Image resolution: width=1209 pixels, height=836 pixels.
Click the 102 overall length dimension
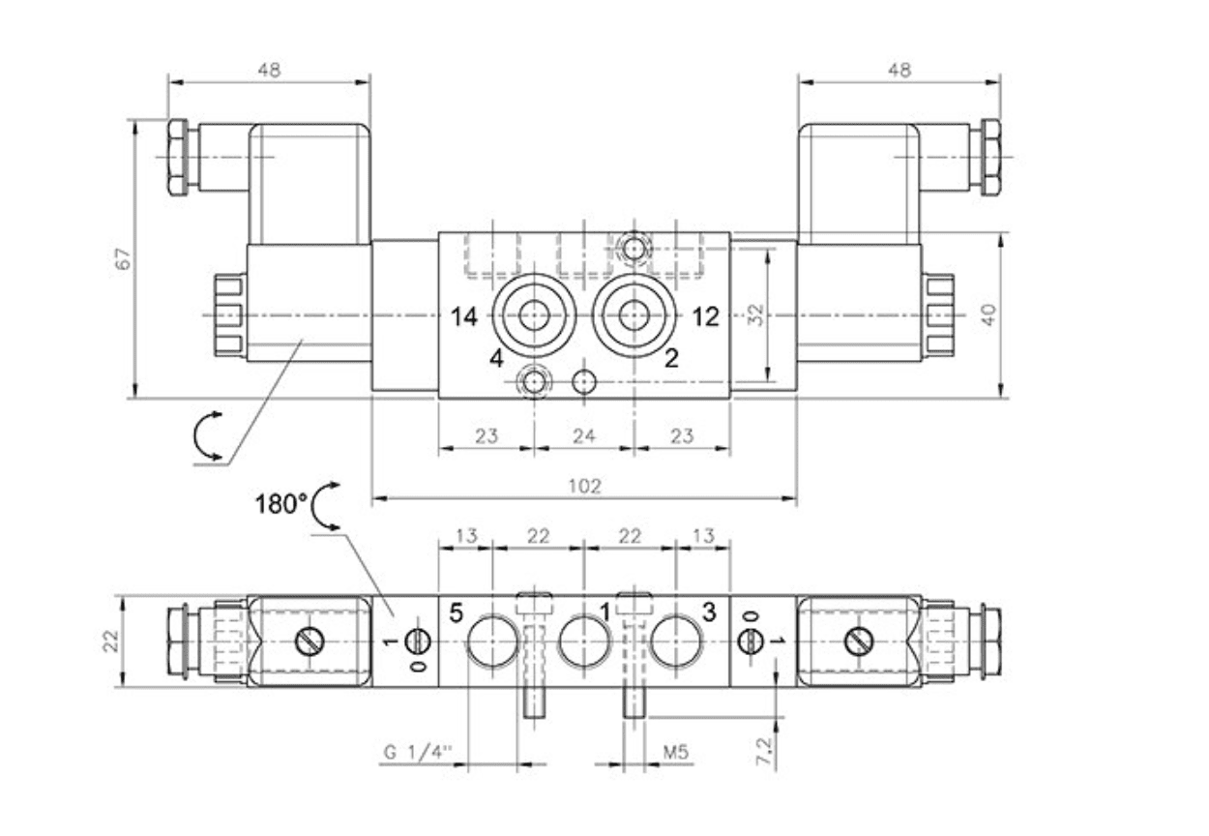(x=584, y=487)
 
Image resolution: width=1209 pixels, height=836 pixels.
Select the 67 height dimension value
(x=122, y=258)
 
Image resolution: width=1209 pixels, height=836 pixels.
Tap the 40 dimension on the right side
(x=988, y=314)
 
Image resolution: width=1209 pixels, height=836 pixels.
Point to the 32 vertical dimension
(x=756, y=314)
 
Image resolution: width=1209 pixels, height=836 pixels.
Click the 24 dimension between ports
(x=583, y=435)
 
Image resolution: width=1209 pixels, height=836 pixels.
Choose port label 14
(x=465, y=316)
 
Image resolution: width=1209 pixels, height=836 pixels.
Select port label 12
(x=707, y=316)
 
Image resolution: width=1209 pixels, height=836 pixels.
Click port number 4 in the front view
(x=496, y=359)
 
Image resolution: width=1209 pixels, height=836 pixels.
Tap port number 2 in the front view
(x=671, y=359)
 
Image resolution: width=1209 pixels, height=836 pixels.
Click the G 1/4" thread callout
(x=419, y=751)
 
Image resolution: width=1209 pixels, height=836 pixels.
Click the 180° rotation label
(x=281, y=503)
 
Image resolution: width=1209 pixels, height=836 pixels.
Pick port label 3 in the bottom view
(x=709, y=612)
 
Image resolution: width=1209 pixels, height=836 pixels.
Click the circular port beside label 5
(x=491, y=641)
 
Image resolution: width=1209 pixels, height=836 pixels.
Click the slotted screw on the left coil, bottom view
(x=311, y=641)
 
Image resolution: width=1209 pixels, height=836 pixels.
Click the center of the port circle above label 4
(x=532, y=313)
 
